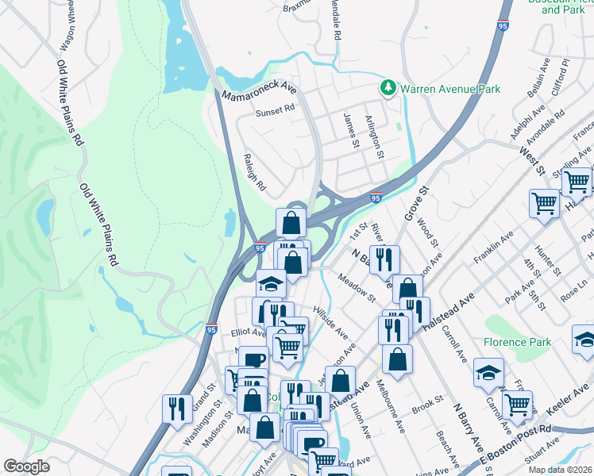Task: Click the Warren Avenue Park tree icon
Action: click(388, 88)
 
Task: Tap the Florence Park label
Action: click(517, 344)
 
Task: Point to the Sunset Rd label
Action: click(275, 113)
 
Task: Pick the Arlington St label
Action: click(374, 137)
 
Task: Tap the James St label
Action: click(351, 129)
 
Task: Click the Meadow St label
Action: click(356, 287)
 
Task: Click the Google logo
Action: click(26, 466)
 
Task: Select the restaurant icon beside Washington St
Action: click(177, 408)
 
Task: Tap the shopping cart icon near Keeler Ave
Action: click(518, 404)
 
